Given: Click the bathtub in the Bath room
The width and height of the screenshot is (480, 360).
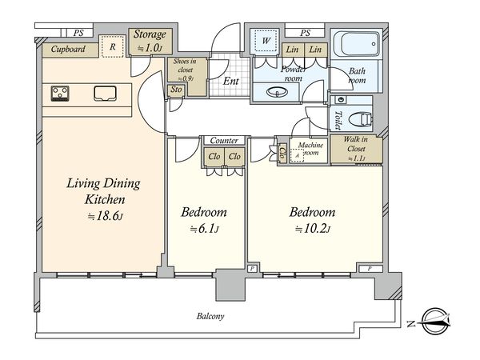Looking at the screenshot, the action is pos(357,43).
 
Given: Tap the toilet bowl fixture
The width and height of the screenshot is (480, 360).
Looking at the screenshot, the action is pos(361,118).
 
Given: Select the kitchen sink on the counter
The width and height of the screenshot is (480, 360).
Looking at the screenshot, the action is pos(105,94).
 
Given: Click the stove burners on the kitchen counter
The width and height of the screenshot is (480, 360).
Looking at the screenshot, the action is pos(60,94).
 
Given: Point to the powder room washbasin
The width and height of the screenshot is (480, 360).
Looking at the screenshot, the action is pos(277,91).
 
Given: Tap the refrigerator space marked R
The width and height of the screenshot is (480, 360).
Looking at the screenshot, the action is pos(113,46).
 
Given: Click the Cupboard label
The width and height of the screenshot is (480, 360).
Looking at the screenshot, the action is pos(68,49).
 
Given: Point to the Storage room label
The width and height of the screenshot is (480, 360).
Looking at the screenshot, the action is pos(150,34).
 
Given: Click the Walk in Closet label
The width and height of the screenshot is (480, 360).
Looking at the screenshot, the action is pos(356,144).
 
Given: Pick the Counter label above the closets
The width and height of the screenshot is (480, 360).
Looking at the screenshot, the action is pos(224,141).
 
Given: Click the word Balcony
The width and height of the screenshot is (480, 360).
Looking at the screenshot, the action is pos(210,316).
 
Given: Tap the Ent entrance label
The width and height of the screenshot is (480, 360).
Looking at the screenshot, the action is pos(231,81).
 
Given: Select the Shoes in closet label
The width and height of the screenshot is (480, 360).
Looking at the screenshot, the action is pos(185,66).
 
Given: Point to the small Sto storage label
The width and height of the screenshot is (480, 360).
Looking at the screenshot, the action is pos(176,90).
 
